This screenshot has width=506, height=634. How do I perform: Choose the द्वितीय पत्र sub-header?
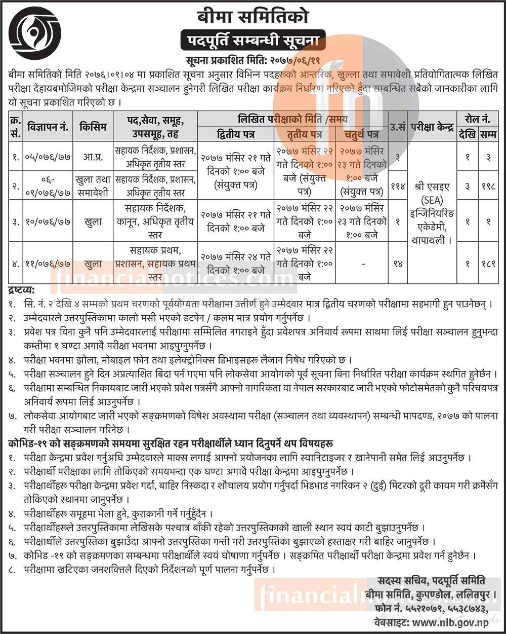pos(236,134)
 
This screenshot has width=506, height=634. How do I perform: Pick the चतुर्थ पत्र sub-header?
pos(362,134)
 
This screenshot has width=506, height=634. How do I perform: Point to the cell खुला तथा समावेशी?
pos(92,185)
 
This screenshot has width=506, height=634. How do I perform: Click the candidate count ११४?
pos(397,186)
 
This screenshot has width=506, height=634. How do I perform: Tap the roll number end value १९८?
pos(487,186)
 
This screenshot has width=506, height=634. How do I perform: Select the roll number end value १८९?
pos(487,264)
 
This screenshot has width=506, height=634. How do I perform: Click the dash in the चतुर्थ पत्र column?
pos(362,264)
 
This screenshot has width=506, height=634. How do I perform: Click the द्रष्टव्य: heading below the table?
pos(21,290)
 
